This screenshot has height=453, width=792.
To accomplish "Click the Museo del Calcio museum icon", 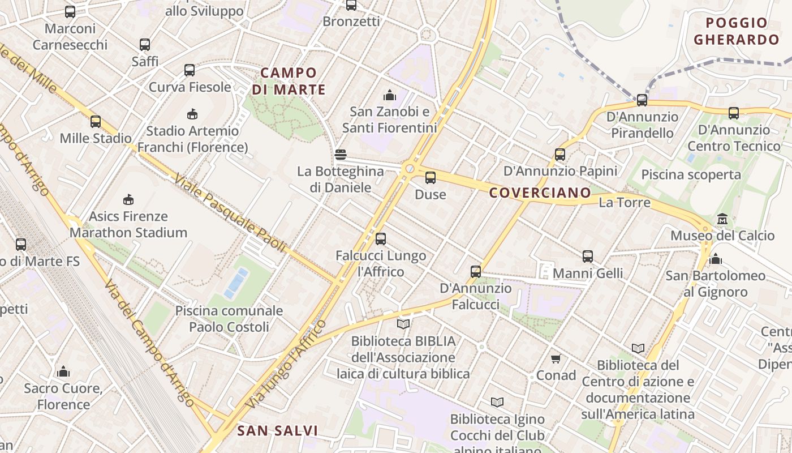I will tap(722, 219).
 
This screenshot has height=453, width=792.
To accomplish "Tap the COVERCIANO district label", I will tap(540, 193).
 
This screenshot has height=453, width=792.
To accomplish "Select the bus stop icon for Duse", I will tap(431, 178).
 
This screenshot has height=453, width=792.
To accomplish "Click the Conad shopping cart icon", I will tap(556, 358).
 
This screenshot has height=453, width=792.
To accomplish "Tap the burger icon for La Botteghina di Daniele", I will tap(341, 155).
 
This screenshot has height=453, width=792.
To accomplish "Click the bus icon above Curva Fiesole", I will tap(190, 70).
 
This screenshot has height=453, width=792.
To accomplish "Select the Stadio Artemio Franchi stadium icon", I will tap(192, 114).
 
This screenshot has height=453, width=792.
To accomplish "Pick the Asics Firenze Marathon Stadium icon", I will tap(128, 199).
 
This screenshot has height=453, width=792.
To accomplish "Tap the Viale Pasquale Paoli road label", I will tap(230, 213).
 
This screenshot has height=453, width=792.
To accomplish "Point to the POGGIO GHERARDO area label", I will tap(737, 31).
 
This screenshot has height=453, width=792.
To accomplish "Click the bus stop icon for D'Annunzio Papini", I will tap(560, 154).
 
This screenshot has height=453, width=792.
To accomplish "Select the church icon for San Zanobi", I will tap(390, 95).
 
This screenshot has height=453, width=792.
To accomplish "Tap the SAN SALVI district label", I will tap(277, 431).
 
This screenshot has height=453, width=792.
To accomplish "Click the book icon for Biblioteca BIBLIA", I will tap(403, 324).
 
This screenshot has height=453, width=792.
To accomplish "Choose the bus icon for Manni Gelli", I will tap(588, 257).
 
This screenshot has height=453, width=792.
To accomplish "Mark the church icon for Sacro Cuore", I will tap(63, 371).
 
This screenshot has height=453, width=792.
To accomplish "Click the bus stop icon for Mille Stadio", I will tap(96, 121).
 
